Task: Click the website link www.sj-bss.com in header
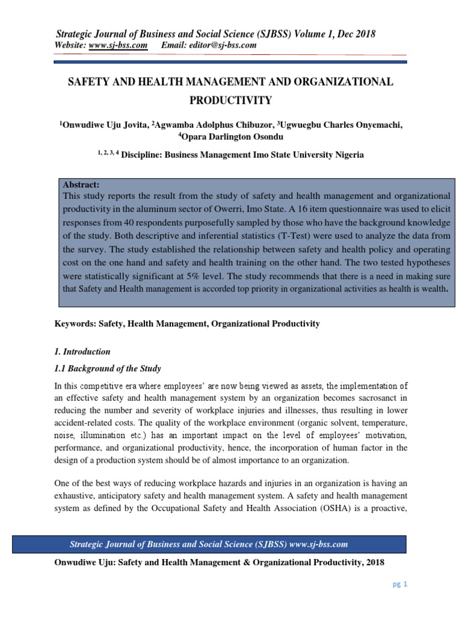(118, 45)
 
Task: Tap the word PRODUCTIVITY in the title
(230, 99)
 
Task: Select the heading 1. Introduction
(82, 351)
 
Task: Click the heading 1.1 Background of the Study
(108, 368)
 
